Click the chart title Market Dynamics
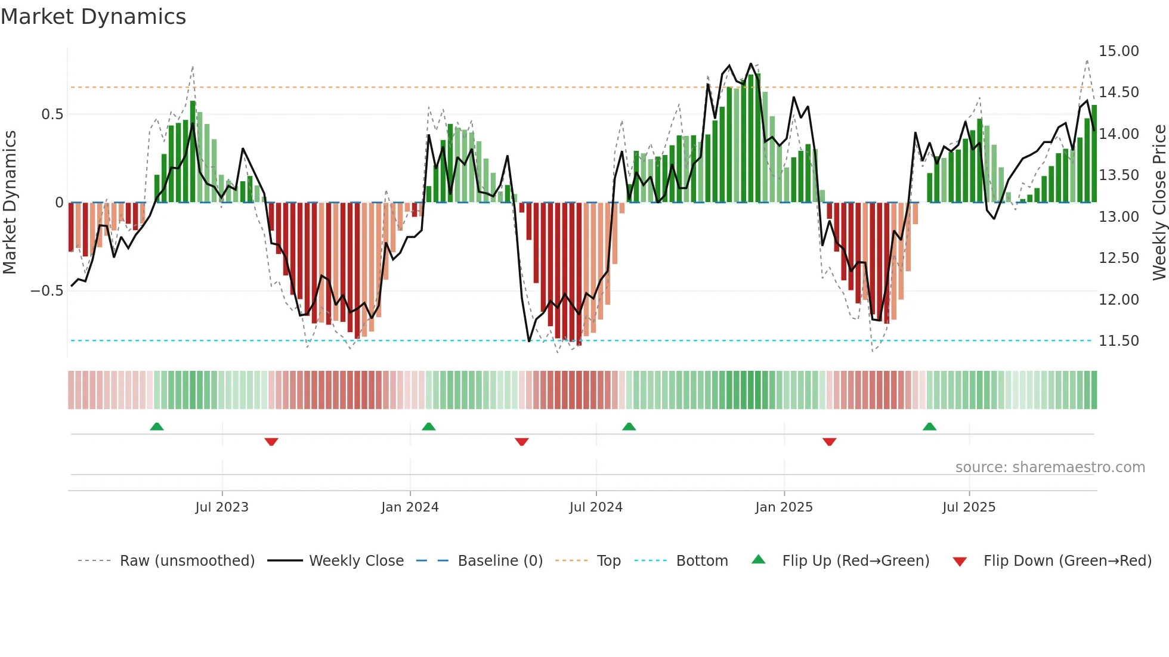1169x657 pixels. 93,17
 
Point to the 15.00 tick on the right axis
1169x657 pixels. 1118,51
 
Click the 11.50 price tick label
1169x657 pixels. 1118,341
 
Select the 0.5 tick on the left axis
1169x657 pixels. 52,114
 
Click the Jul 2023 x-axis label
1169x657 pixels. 222,507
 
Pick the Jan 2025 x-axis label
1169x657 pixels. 784,507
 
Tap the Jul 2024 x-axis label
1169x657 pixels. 596,507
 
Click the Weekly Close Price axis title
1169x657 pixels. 1159,203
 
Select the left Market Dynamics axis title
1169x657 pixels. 10,203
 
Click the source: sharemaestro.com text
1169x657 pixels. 1050,467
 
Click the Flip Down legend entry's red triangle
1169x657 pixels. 960,562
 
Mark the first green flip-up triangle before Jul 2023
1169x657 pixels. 157,427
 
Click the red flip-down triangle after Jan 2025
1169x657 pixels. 829,442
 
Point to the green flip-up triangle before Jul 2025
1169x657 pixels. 929,427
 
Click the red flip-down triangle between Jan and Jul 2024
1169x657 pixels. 521,442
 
